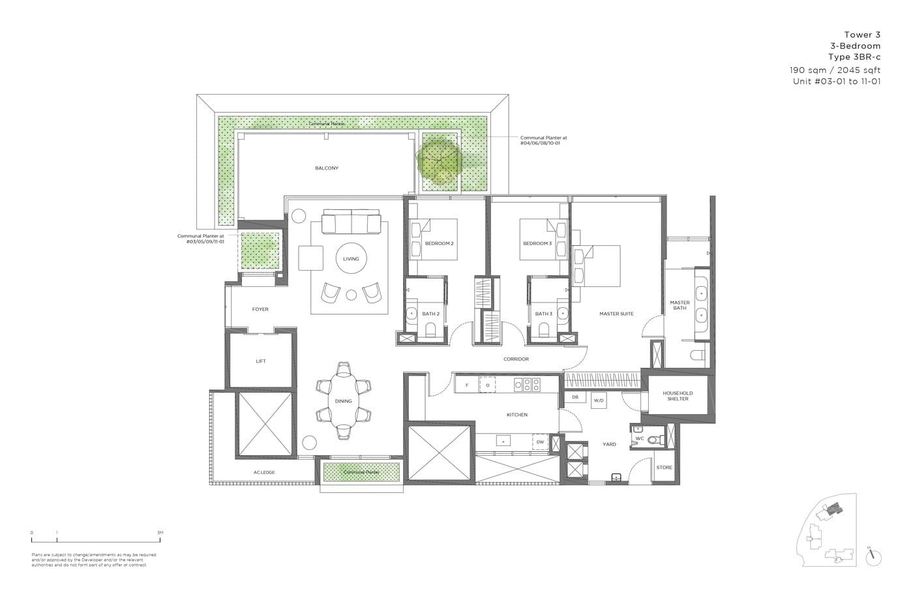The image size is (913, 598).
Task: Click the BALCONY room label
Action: click(327, 168)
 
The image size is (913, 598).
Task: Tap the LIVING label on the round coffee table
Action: click(351, 259)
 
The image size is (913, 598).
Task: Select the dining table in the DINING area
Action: click(343, 401)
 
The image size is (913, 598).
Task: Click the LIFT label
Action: click(261, 361)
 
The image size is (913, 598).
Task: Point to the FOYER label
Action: click(260, 310)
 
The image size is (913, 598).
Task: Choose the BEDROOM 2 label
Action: click(439, 244)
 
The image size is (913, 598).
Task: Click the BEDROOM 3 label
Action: click(537, 244)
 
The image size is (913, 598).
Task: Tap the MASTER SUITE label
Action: click(616, 314)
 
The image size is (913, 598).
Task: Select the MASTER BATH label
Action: click(680, 305)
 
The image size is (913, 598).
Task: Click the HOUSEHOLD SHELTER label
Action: click(678, 396)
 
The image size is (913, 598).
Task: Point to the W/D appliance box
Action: click(599, 400)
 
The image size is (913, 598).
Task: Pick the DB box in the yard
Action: click(575, 397)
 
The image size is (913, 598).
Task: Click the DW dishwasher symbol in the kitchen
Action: click(540, 442)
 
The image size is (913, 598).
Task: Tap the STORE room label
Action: click(664, 468)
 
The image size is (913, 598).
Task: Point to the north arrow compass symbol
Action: click(873, 556)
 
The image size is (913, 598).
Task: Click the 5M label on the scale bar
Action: click(160, 533)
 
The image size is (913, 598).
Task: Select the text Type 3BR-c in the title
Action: click(854, 57)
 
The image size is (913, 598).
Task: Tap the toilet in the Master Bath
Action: click(696, 355)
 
